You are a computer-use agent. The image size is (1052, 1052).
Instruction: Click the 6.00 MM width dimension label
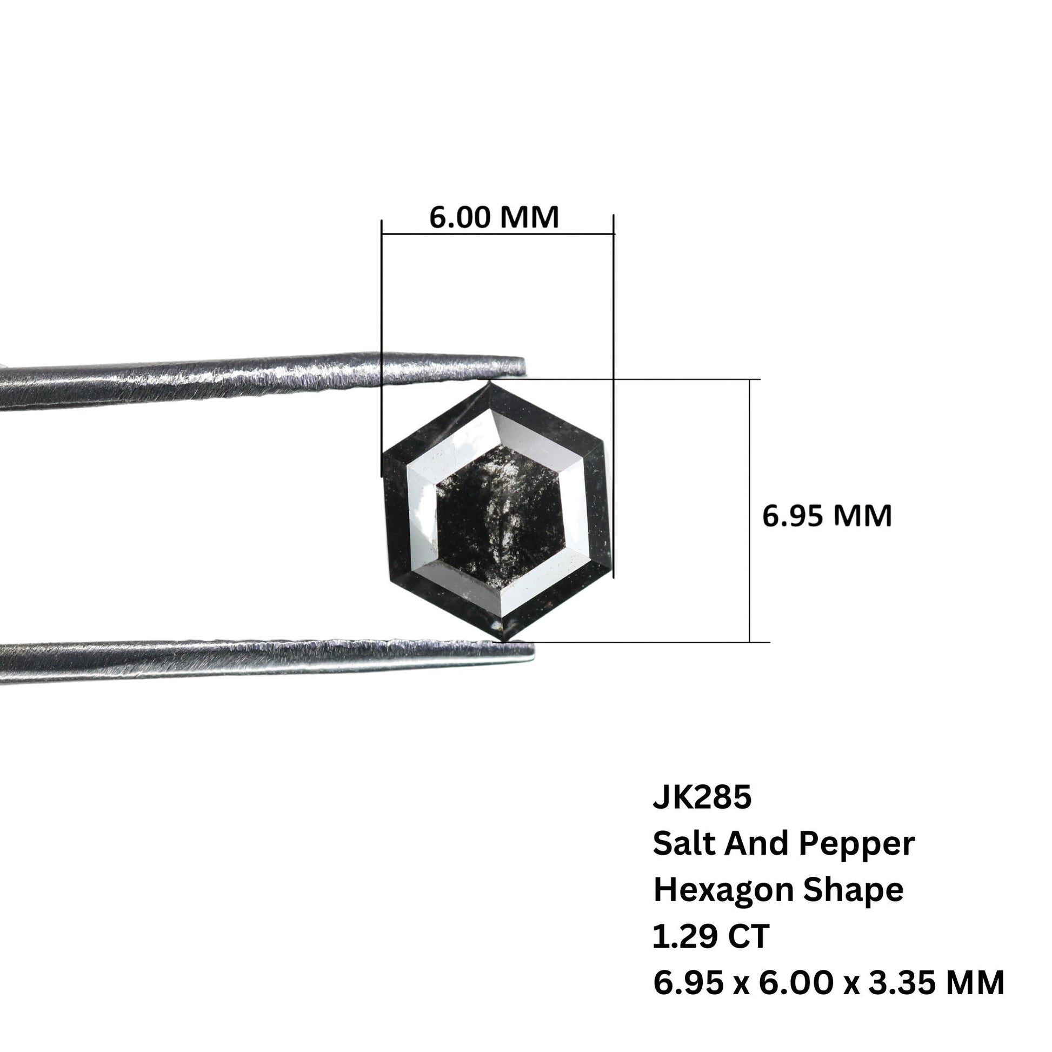(494, 217)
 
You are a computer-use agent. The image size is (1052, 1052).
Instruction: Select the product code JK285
(702, 798)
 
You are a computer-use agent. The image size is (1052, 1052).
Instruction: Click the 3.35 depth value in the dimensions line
(895, 983)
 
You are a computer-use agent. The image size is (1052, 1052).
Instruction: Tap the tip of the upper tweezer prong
(524, 366)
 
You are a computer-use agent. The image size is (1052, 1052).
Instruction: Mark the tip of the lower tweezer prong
(532, 652)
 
